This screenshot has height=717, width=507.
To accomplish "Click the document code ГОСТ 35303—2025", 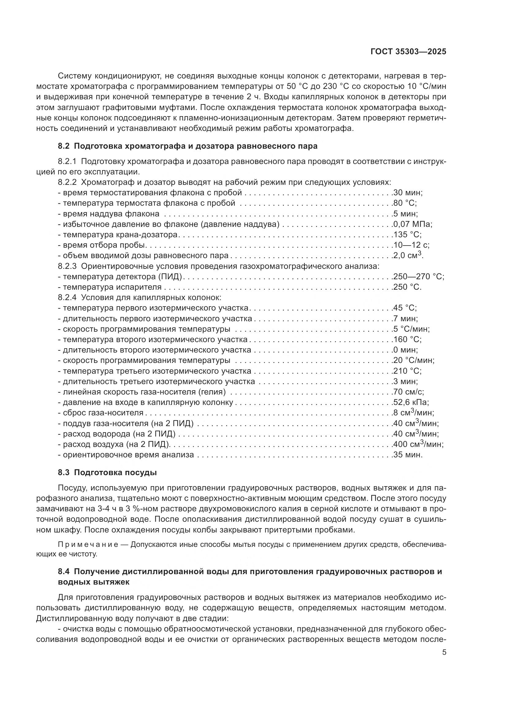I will pos(408,52).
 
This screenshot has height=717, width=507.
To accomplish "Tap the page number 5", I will pos(444,652).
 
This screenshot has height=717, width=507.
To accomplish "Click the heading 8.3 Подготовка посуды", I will pos(107,472).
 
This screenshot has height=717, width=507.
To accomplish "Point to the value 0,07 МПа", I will pos(412,224).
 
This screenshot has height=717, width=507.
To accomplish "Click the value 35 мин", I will pos(408,455).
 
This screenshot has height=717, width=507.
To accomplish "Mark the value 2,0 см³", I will pos(408,255).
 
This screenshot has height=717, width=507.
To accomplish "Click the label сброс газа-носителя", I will pos(103,413).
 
